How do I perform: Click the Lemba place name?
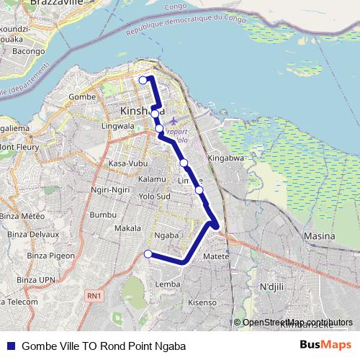168,284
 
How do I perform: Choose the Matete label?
216,256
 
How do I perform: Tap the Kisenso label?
202,302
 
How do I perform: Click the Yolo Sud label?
154,196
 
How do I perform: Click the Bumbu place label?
103,215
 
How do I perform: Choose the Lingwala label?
119,125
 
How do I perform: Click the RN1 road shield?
93,296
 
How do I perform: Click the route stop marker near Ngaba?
148,253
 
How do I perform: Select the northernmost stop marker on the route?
143,80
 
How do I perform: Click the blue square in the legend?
11,346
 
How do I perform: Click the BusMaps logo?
325,346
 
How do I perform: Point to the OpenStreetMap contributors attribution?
297,322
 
